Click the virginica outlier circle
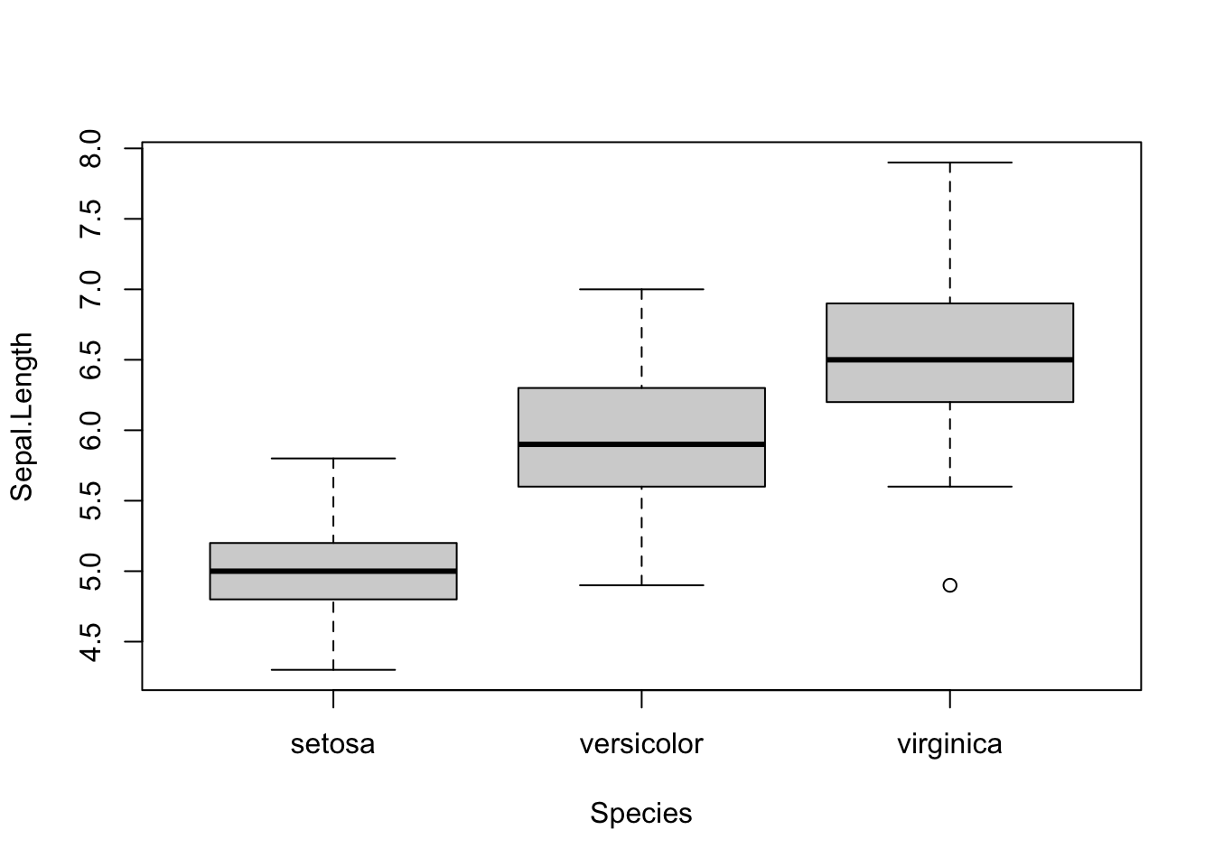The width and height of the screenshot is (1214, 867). pos(949,585)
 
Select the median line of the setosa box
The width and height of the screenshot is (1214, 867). pos(333,571)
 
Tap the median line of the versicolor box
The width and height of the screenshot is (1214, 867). pos(641,444)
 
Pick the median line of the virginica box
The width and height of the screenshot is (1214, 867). pos(949,359)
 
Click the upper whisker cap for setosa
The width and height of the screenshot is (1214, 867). pos(333,459)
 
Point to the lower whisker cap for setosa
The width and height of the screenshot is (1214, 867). pos(333,670)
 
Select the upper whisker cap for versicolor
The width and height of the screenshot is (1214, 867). pos(641,289)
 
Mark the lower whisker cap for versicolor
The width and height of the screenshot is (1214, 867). pos(641,585)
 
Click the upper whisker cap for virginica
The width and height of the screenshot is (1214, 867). pos(949,163)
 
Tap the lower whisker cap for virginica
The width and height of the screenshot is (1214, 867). pos(949,487)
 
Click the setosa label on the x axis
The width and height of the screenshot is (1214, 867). pos(333,744)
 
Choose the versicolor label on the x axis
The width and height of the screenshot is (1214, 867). pos(641,744)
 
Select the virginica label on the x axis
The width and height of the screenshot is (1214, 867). pos(949,744)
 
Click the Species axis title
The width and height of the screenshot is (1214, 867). pos(641,814)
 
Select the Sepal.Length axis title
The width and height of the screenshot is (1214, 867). pos(22,416)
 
